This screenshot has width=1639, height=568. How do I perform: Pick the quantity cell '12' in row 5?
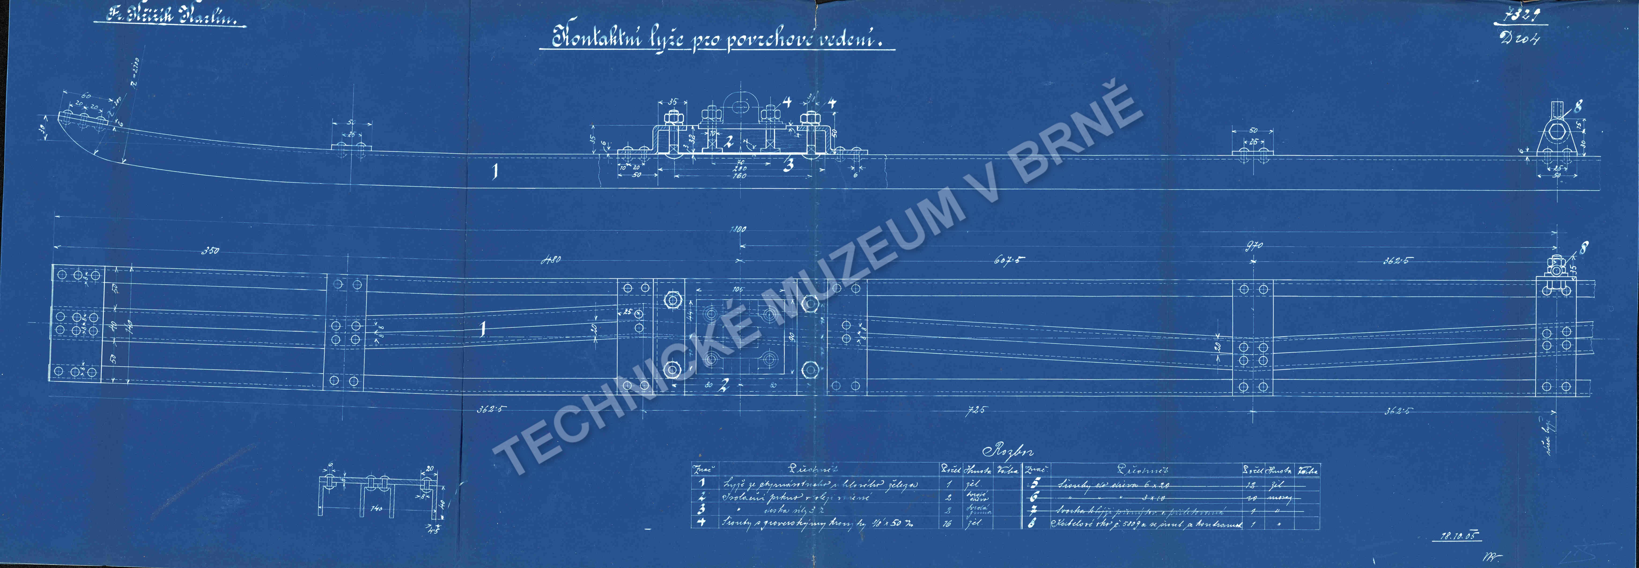tap(1250, 485)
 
